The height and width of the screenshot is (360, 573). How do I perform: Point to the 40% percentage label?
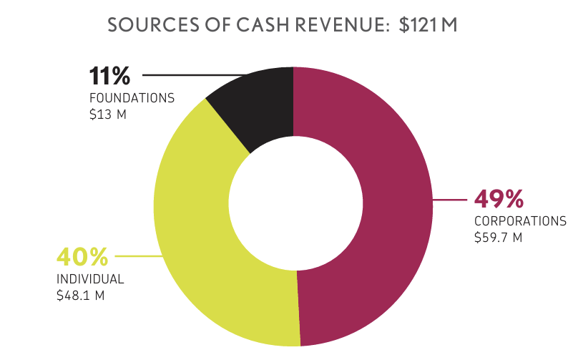[x=82, y=256]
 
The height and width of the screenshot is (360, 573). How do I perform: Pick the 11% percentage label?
[x=111, y=75]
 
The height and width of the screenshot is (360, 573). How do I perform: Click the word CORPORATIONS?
[x=520, y=221]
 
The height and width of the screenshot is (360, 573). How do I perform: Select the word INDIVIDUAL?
[x=90, y=279]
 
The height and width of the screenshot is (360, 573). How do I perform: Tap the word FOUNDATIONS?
[x=132, y=98]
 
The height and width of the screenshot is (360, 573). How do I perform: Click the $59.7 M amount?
[x=498, y=237]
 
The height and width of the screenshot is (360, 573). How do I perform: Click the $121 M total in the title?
[x=428, y=25]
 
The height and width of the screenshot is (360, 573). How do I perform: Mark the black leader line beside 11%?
[x=193, y=74]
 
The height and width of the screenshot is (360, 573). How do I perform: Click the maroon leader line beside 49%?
[x=451, y=200]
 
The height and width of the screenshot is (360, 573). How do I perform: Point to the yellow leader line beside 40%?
[x=136, y=256]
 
